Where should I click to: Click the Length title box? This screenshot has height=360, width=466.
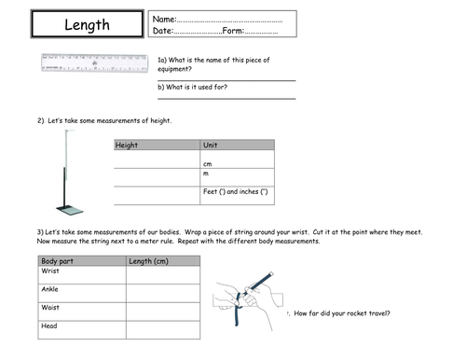88,25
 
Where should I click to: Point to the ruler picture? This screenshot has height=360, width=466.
93,63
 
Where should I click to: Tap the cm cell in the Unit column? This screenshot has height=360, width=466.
208,164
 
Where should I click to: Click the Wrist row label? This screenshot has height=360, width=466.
52,272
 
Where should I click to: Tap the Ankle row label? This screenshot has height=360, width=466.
52,290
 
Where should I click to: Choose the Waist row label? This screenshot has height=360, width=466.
52,308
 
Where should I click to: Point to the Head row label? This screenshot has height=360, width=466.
50,326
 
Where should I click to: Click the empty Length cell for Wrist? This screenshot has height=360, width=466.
163,274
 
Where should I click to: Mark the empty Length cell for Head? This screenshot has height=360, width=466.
163,328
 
